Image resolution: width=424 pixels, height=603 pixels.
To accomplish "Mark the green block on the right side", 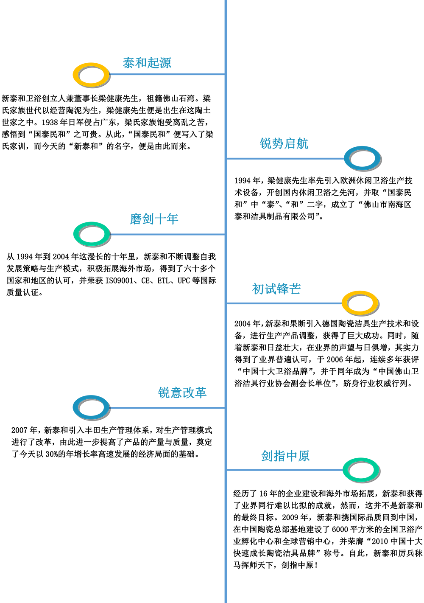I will click(x=359, y=443).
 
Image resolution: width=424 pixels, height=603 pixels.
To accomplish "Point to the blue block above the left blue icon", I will click(x=81, y=365).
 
